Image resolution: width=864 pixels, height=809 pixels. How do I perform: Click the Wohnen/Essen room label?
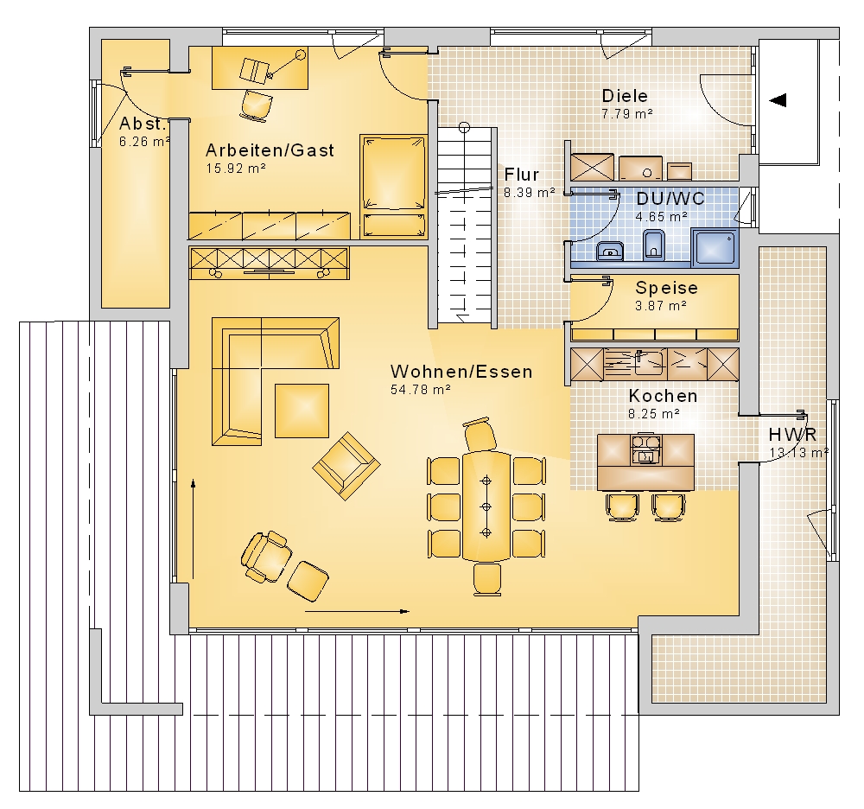click(x=461, y=372)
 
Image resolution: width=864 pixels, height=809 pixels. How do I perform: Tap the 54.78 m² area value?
click(x=421, y=390)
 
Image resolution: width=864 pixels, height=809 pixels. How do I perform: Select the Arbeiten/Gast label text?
click(x=270, y=150)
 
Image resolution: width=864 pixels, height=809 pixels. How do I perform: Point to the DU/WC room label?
click(x=670, y=199)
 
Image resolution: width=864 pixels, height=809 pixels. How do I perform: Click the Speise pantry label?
click(x=666, y=288)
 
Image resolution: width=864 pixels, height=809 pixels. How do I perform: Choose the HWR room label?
click(x=792, y=434)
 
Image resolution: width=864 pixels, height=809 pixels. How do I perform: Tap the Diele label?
click(x=625, y=96)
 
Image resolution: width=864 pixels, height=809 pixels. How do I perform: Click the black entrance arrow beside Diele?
click(x=778, y=100)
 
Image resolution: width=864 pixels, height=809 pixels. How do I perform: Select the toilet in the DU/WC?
click(x=654, y=244)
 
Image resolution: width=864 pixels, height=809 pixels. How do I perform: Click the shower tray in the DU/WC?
click(x=715, y=245)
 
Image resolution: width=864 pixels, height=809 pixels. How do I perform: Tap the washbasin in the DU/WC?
click(x=610, y=251)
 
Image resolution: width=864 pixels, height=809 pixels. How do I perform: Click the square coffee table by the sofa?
click(x=302, y=411)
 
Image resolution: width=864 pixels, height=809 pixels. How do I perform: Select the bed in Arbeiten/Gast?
click(x=393, y=187)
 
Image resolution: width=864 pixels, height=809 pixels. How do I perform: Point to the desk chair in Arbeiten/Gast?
click(x=257, y=105)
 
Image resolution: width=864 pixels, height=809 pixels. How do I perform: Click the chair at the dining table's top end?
click(x=480, y=434)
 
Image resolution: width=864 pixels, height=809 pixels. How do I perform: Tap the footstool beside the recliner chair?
click(x=308, y=581)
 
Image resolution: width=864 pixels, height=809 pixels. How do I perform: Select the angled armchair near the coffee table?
click(x=346, y=466)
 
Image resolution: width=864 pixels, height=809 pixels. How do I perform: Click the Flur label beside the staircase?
click(x=521, y=175)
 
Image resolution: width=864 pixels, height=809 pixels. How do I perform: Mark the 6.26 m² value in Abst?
click(x=144, y=142)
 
